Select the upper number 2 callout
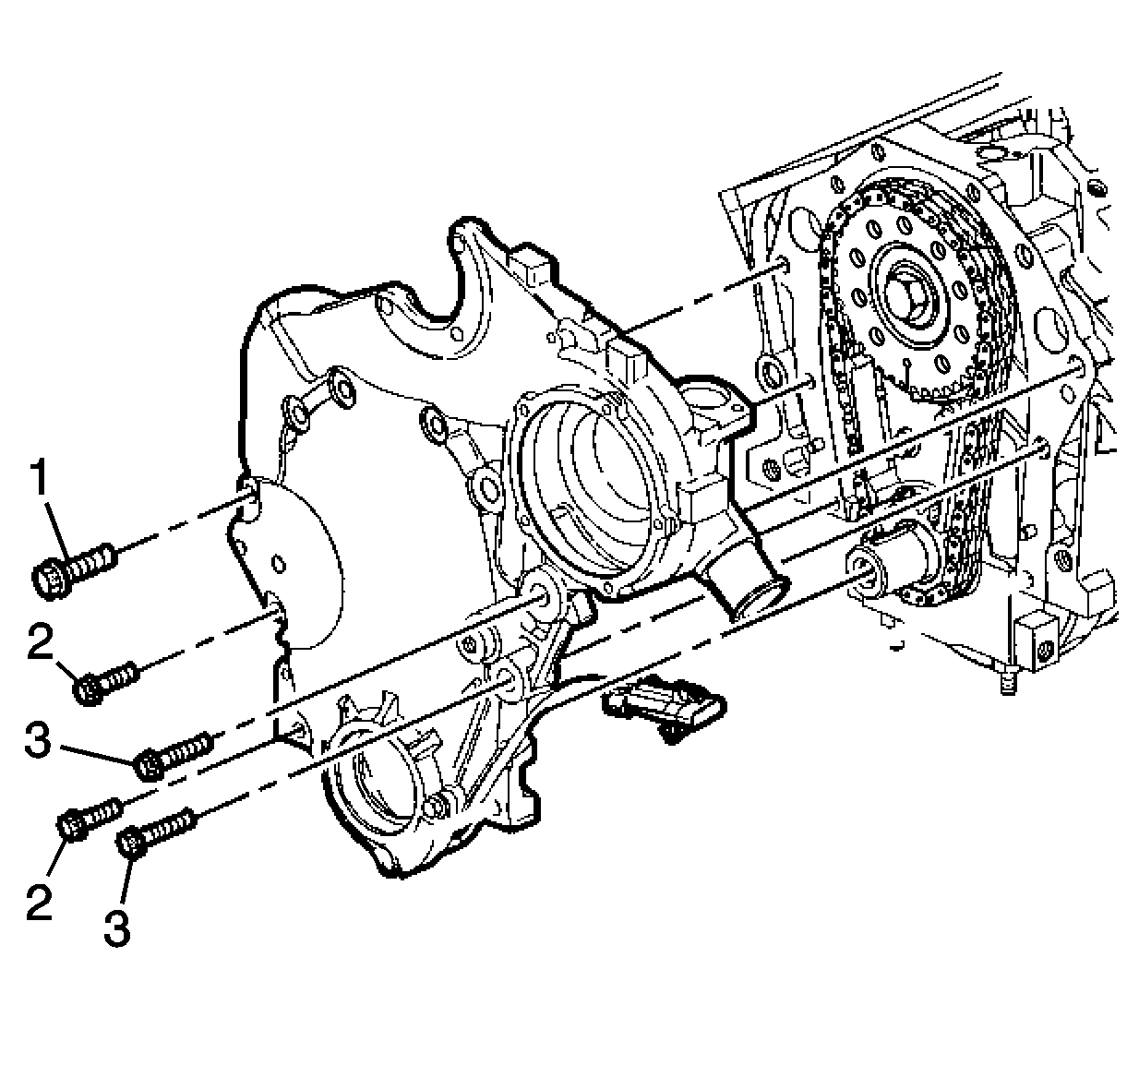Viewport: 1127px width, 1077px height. [41, 642]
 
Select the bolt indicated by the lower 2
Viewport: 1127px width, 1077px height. [90, 817]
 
